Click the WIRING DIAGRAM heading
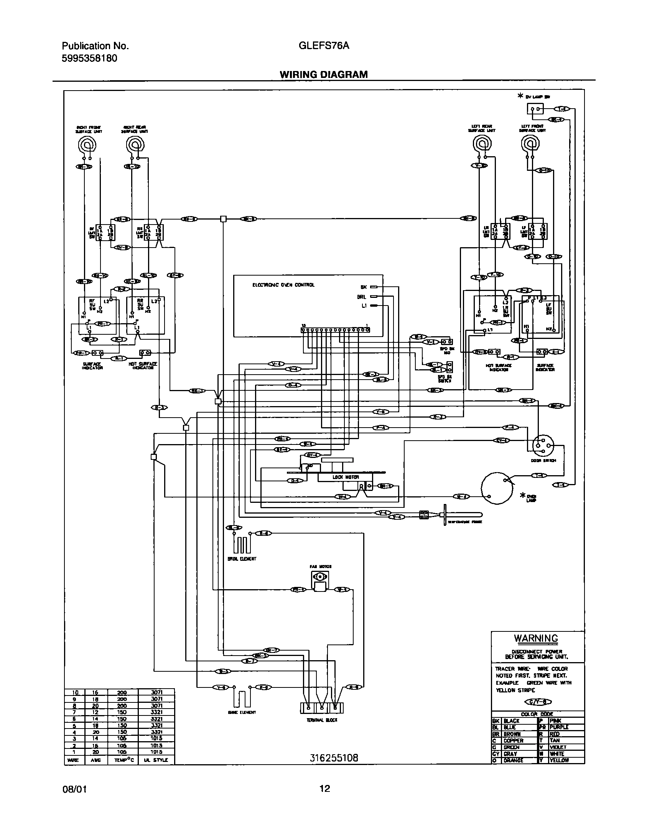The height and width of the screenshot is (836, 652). (323, 74)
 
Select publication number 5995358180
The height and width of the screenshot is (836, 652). (89, 58)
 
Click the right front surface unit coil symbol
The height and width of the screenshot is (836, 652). (87, 145)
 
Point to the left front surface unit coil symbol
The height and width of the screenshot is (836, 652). (531, 144)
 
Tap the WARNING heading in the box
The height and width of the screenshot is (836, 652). (536, 638)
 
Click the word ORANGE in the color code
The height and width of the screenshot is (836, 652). (514, 760)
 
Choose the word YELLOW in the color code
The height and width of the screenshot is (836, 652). (560, 760)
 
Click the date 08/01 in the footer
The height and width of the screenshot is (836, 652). (74, 789)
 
